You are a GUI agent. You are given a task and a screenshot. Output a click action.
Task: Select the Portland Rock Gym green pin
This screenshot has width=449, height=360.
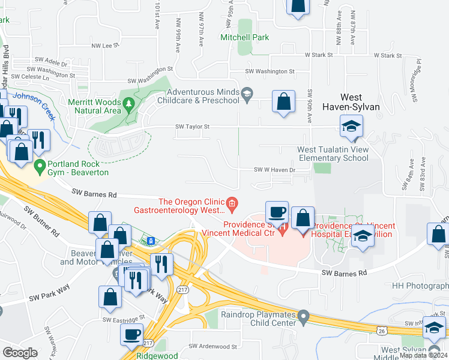[x=40, y=165]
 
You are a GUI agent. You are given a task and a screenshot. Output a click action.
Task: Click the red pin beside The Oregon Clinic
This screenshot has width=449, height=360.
[x=232, y=204]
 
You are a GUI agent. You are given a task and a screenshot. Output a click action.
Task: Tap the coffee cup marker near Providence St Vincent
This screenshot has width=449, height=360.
[x=277, y=213]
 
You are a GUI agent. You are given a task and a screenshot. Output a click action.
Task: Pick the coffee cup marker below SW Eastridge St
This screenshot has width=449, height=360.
[x=131, y=335]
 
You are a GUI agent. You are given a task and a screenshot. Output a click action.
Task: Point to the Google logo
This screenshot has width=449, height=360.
[x=20, y=353]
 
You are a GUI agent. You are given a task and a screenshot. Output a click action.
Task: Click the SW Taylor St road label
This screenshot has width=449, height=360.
[x=192, y=127]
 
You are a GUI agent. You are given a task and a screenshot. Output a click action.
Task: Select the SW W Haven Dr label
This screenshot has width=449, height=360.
[x=275, y=170]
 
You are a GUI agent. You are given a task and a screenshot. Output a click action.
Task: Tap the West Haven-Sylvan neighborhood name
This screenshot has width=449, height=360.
[x=360, y=101]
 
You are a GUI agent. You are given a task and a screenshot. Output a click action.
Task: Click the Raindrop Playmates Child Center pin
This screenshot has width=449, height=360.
[x=304, y=315]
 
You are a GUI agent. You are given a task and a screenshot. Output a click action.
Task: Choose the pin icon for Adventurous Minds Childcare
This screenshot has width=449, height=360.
[x=247, y=94]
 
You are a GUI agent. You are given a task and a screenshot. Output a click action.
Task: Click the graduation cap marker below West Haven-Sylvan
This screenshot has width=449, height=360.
[x=351, y=127]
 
